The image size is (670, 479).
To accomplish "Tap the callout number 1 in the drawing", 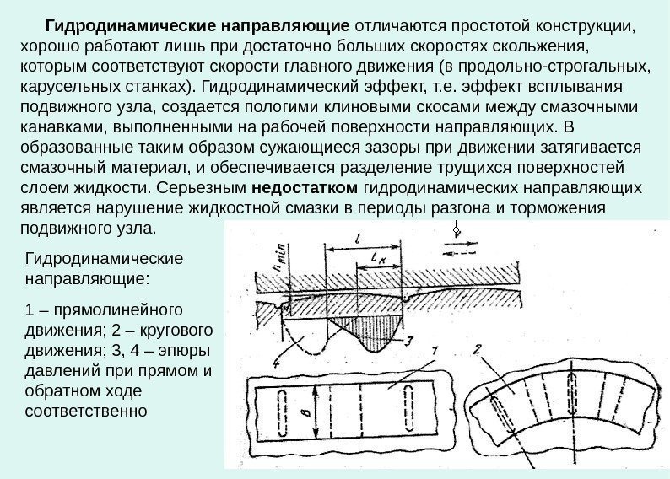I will [x=434, y=352].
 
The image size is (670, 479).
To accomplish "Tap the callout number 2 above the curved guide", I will [x=477, y=350].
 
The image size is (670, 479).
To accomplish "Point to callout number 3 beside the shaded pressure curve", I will [x=408, y=341].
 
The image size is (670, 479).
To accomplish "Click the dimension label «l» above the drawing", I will [x=358, y=239].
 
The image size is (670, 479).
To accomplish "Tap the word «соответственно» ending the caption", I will [x=87, y=412].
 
